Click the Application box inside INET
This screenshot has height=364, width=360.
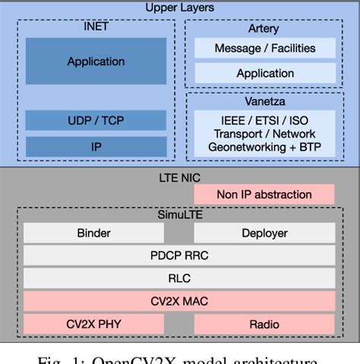pyautogui.click(x=96, y=62)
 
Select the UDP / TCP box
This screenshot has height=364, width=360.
pyautogui.click(x=96, y=120)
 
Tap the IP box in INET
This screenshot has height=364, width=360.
pyautogui.click(x=96, y=147)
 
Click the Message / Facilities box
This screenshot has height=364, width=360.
pyautogui.click(x=264, y=49)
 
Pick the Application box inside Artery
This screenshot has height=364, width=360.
pyautogui.click(x=264, y=74)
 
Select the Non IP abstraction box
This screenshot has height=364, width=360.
pyautogui.click(x=264, y=195)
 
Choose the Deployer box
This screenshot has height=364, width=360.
pyautogui.click(x=264, y=233)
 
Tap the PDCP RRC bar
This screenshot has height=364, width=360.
pyautogui.click(x=179, y=255)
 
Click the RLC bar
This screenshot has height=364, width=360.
pyautogui.click(x=179, y=278)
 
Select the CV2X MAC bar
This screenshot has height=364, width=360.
pyautogui.click(x=179, y=301)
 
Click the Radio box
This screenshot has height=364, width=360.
pyautogui.click(x=264, y=324)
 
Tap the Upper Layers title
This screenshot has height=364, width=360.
pyautogui.click(x=179, y=8)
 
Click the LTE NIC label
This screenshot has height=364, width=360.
pyautogui.click(x=179, y=176)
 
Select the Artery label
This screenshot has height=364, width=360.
pyautogui.click(x=264, y=29)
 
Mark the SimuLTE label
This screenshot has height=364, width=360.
pyautogui.click(x=179, y=215)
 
